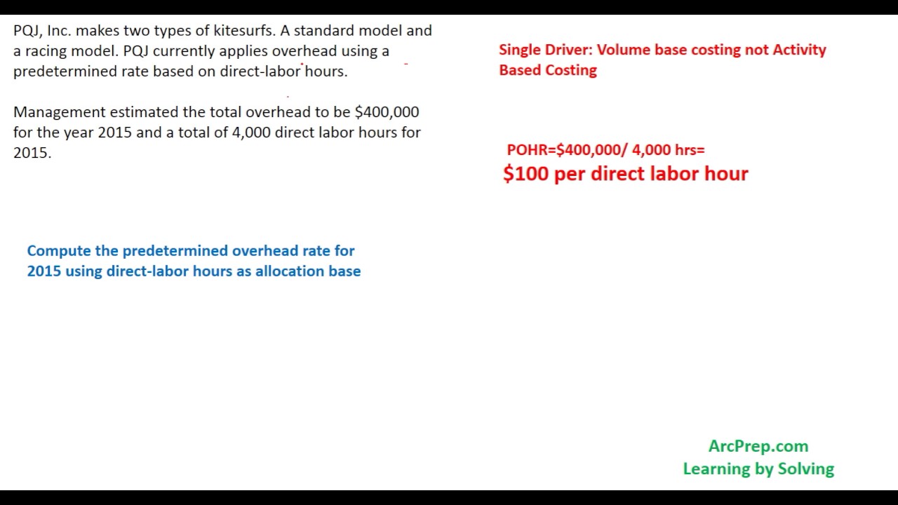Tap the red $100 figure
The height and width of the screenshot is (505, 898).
[525, 174]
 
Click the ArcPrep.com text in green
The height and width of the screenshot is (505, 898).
[758, 447]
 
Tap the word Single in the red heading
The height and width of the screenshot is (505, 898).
[519, 50]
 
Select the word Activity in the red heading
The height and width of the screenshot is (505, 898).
[799, 50]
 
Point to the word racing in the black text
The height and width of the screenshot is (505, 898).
[46, 51]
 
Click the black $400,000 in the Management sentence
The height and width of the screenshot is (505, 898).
[387, 112]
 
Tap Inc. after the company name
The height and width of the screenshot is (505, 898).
[59, 31]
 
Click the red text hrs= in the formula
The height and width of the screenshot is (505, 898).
[689, 150]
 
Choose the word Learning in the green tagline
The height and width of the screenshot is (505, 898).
[714, 469]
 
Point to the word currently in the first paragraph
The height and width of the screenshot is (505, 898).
[184, 51]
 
